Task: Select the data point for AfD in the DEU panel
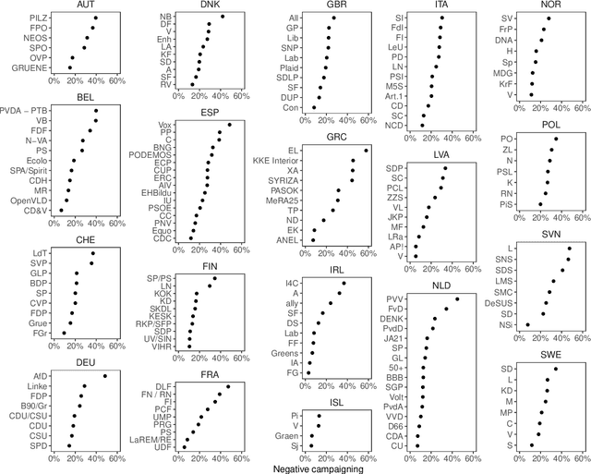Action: (104, 376)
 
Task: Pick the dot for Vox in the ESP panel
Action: (229, 124)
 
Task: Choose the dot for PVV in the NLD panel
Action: (457, 299)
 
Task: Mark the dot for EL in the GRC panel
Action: (367, 150)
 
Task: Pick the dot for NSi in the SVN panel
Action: (527, 325)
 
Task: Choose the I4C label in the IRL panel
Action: (292, 282)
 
